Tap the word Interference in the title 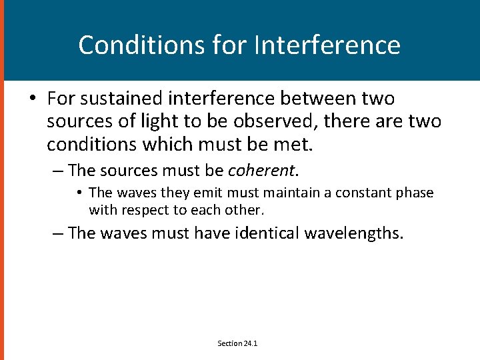(x=328, y=45)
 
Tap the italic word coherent (x=261, y=171)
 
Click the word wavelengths (x=354, y=233)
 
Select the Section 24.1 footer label (x=237, y=343)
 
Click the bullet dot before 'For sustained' (x=32, y=99)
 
